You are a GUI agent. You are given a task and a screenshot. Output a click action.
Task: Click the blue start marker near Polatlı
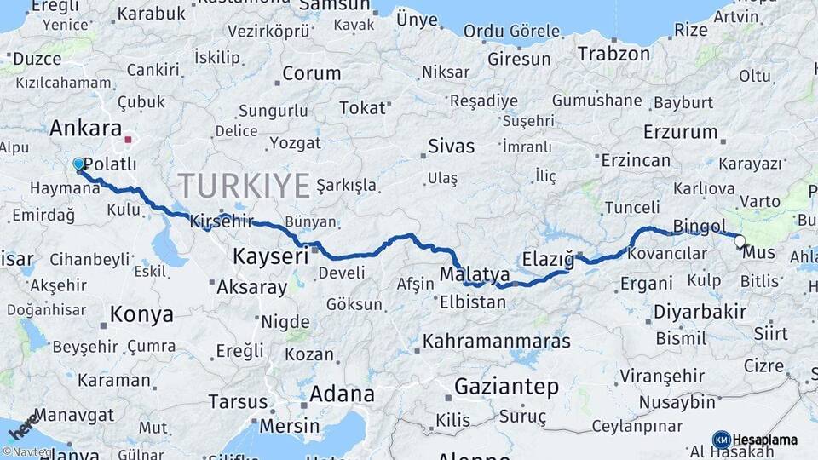click(78, 164)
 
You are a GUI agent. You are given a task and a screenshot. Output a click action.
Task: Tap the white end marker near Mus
click(740, 241)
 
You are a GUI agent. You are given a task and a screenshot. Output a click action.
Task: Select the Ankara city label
click(85, 129)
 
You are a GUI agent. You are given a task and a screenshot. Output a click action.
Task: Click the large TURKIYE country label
click(244, 185)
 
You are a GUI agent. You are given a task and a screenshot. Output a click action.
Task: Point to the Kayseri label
click(270, 256)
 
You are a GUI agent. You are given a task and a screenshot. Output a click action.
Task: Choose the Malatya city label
click(475, 274)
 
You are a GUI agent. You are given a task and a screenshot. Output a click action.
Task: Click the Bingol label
click(699, 226)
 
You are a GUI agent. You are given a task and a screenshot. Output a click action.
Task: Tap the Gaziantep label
click(506, 387)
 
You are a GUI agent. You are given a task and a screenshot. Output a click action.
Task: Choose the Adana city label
click(342, 394)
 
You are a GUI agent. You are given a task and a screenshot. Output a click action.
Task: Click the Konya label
click(141, 314)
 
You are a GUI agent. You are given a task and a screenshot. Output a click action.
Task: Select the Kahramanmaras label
click(496, 342)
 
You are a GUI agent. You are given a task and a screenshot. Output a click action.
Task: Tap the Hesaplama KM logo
click(756, 440)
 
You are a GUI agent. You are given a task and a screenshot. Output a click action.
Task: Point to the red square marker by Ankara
click(128, 139)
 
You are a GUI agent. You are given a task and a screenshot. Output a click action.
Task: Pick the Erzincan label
click(635, 160)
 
